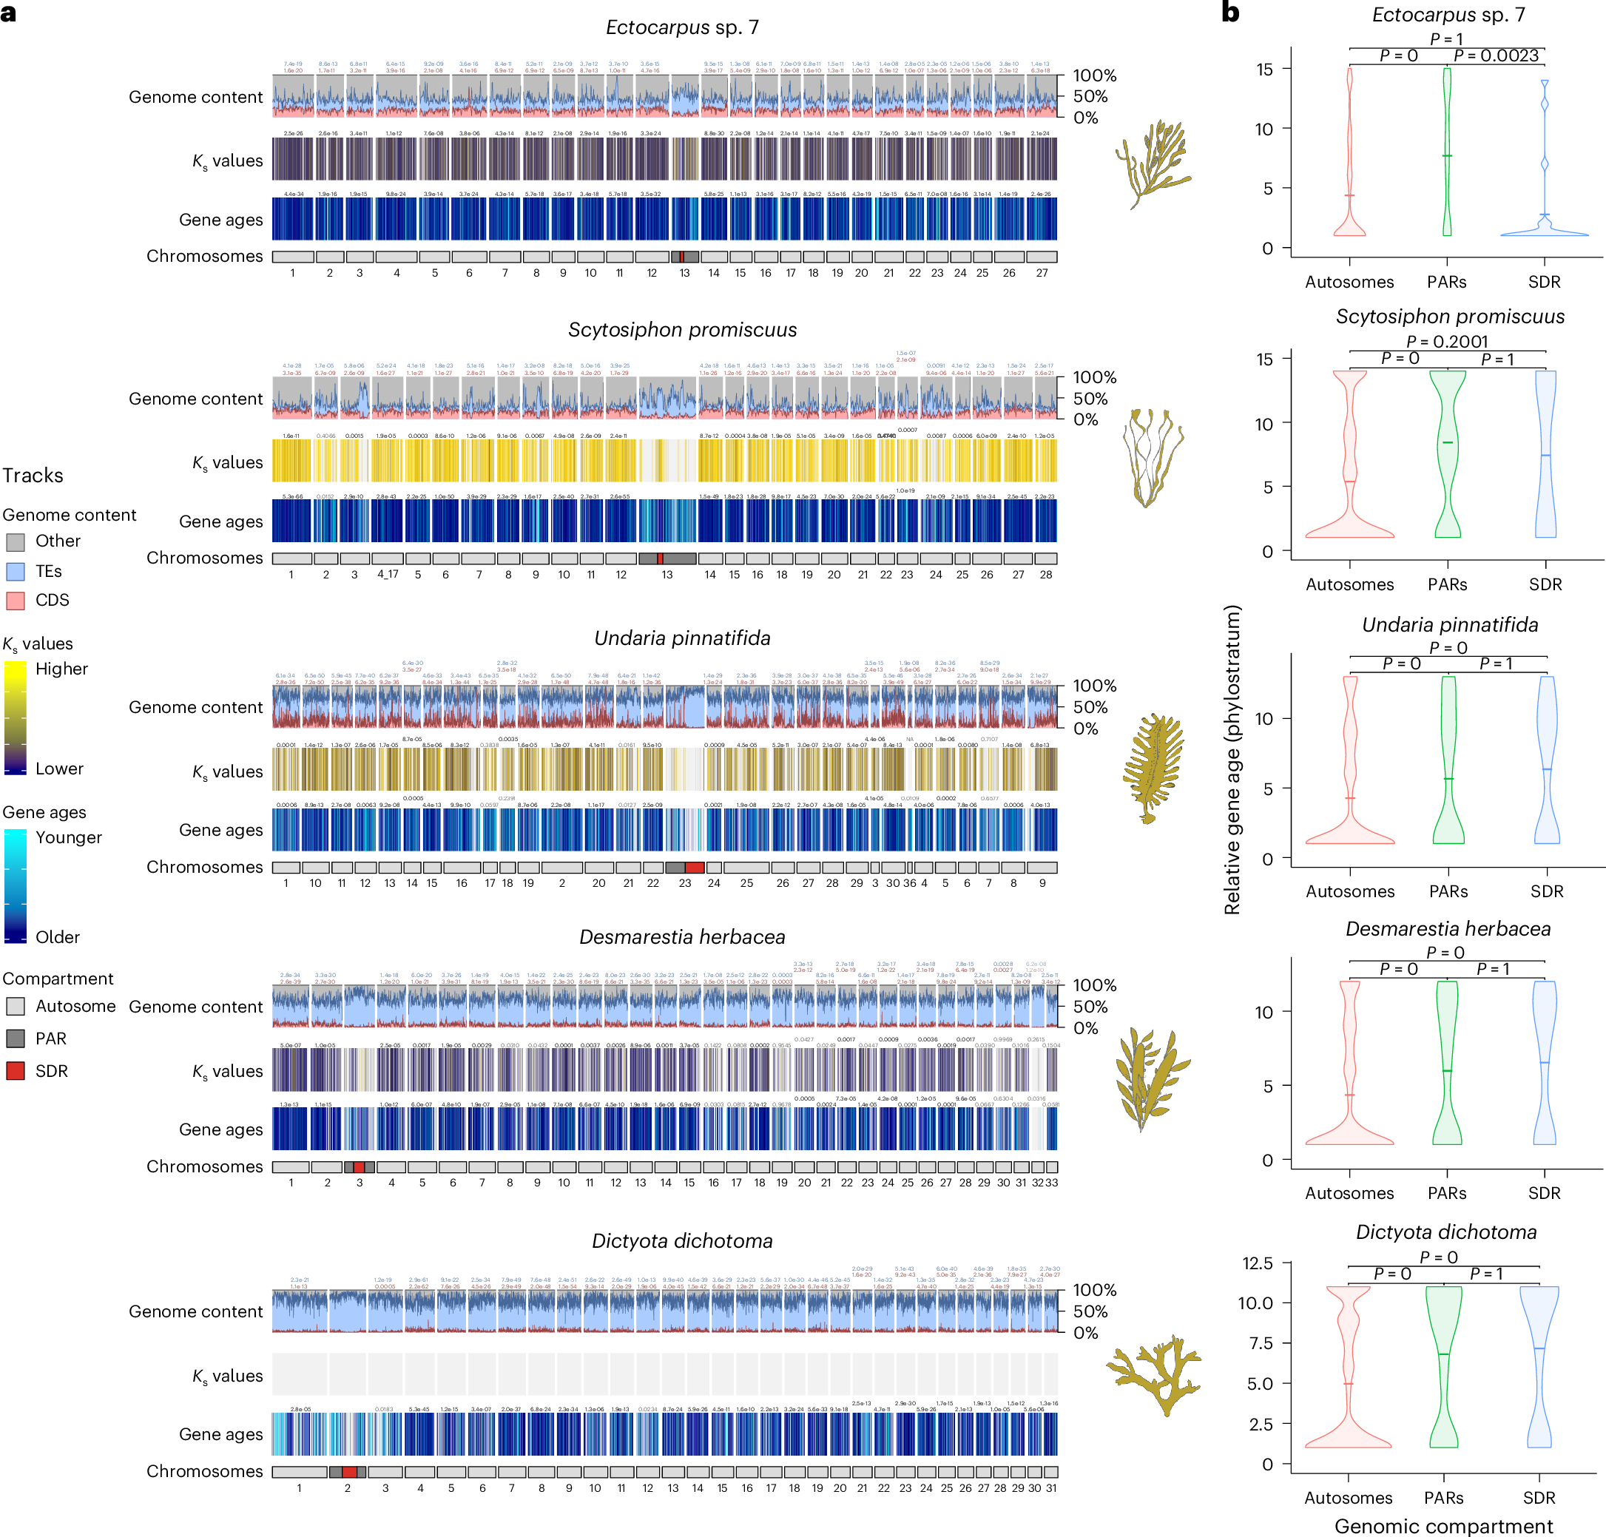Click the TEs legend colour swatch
16,571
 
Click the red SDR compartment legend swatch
16,1071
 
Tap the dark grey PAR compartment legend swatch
16,1038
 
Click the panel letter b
1230,13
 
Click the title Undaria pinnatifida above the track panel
682,638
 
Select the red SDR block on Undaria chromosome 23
694,868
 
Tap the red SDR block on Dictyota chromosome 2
349,1472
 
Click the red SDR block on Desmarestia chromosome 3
359,1166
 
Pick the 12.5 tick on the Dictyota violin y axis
1257,1263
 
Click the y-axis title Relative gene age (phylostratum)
1232,760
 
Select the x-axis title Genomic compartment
1443,1525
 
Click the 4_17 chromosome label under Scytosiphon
388,574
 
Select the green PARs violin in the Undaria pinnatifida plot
1448,762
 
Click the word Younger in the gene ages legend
69,837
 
